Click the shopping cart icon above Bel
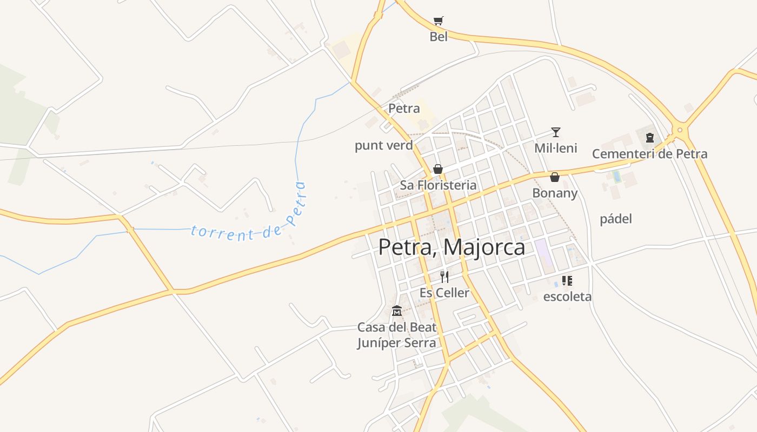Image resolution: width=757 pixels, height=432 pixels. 439,21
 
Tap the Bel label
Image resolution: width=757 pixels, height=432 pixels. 439,37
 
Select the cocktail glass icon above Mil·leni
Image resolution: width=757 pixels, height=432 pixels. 555,132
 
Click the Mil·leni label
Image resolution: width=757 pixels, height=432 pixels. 555,148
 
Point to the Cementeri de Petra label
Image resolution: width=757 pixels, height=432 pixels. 649,154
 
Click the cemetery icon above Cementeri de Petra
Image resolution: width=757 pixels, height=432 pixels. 650,138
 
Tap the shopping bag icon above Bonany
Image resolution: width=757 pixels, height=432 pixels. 555,177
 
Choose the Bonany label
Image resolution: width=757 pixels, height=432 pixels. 555,193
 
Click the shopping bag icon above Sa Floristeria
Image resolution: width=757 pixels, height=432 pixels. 438,169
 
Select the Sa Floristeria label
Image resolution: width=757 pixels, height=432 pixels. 438,185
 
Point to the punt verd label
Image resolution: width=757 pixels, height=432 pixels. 383,145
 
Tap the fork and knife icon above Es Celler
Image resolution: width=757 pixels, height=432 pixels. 444,277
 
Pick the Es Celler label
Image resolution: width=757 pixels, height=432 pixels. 444,293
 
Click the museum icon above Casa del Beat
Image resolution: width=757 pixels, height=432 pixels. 397,311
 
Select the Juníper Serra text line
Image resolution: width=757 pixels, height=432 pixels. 396,343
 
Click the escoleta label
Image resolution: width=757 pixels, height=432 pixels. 567,296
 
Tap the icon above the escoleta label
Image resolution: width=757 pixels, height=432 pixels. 567,280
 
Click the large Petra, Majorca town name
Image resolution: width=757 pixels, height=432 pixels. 451,247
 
